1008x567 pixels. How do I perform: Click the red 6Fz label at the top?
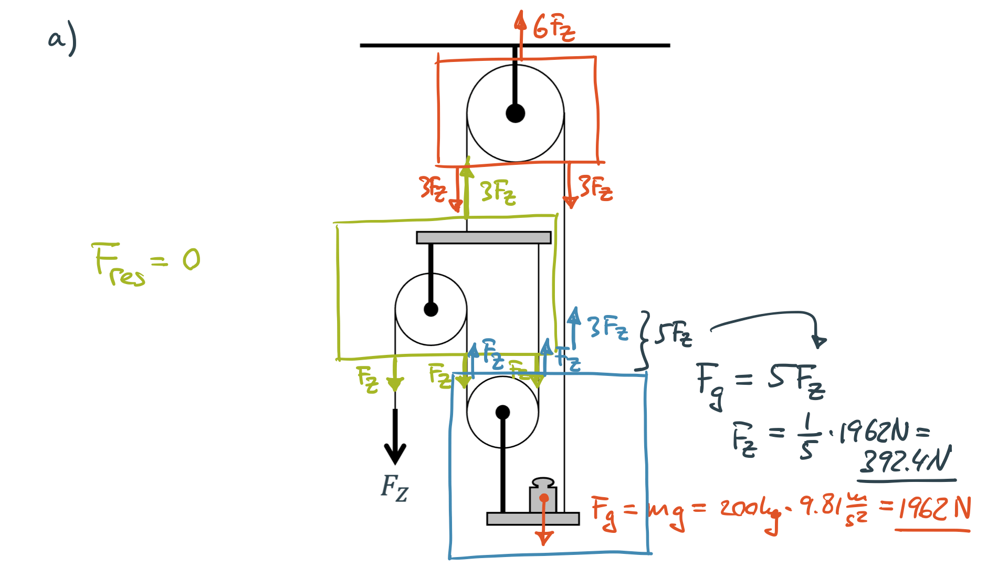[553, 27]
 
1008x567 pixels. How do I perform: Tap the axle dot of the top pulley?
[515, 113]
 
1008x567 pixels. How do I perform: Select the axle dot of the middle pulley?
[430, 309]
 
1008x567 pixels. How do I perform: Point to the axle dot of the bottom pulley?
[502, 412]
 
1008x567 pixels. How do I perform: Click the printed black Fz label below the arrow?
[394, 488]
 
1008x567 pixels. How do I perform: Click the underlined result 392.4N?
[906, 461]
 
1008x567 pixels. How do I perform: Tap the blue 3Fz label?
[607, 328]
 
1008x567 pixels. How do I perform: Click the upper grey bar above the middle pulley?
[483, 238]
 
